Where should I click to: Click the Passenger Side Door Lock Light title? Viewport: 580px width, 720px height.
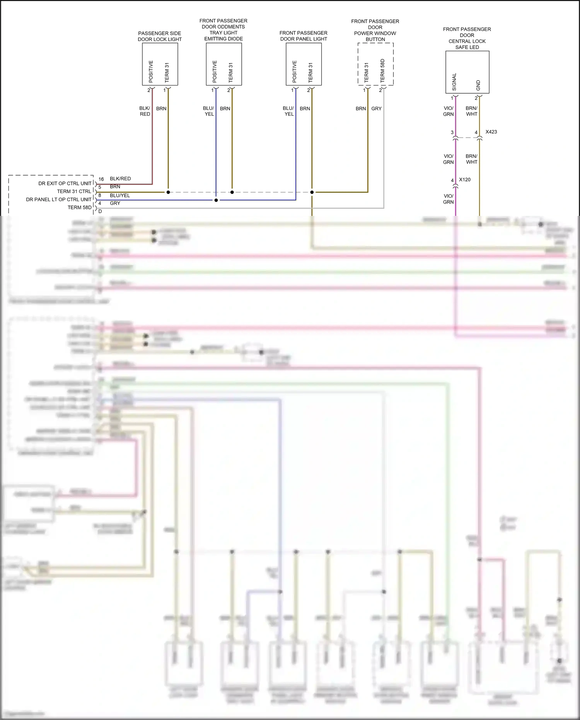160,36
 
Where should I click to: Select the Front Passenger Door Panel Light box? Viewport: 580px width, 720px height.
304,64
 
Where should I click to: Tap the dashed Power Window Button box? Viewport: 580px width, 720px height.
375,64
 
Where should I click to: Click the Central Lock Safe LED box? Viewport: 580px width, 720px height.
467,72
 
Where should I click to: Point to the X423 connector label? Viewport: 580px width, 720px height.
491,132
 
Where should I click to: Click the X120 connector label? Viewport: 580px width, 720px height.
465,180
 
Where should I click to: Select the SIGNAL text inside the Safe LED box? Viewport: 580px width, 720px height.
454,82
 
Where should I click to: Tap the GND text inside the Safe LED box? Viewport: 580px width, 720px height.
478,86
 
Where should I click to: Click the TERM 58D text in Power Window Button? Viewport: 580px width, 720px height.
382,70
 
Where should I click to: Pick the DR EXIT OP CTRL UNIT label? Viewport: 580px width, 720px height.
65,183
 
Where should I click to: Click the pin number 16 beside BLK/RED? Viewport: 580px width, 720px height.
101,179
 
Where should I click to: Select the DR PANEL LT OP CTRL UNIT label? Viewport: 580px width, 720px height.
59,200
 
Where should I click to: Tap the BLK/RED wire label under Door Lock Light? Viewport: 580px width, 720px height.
145,111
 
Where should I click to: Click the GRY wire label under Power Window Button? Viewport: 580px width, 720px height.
376,109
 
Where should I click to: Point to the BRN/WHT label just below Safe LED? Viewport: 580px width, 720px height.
471,111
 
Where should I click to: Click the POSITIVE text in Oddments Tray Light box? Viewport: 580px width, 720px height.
215,71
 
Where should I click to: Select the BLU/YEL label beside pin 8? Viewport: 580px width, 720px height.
120,195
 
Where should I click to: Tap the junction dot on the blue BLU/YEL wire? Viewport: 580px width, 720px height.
216,200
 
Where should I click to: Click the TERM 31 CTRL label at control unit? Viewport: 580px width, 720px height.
74,192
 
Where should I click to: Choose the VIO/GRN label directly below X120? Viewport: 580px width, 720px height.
448,199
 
